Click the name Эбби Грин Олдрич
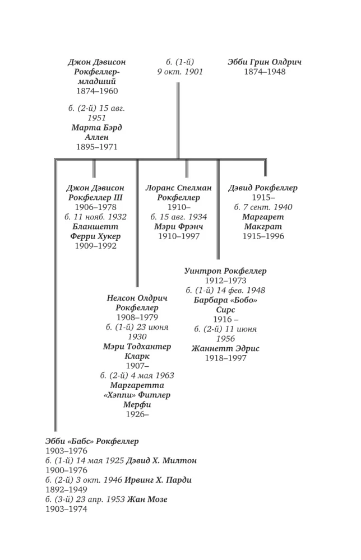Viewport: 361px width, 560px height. (265, 62)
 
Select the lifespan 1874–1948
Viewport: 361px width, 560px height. (265, 72)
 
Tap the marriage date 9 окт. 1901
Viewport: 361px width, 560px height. (180, 72)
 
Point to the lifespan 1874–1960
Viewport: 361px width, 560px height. (97, 91)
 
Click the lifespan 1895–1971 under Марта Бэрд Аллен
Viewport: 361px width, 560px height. (97, 147)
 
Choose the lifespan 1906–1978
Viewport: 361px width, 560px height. (95, 207)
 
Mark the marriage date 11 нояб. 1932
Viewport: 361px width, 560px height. (100, 217)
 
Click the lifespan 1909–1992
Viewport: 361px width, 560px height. (95, 245)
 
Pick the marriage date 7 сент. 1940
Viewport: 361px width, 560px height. (267, 207)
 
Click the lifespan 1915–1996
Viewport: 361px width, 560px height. (263, 236)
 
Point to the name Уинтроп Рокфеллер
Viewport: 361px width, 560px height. (225, 271)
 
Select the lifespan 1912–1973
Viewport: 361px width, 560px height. (225, 281)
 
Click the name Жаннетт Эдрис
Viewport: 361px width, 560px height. (225, 348)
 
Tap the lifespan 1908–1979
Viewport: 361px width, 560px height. (137, 317)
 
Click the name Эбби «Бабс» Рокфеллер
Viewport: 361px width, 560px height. (92, 441)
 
